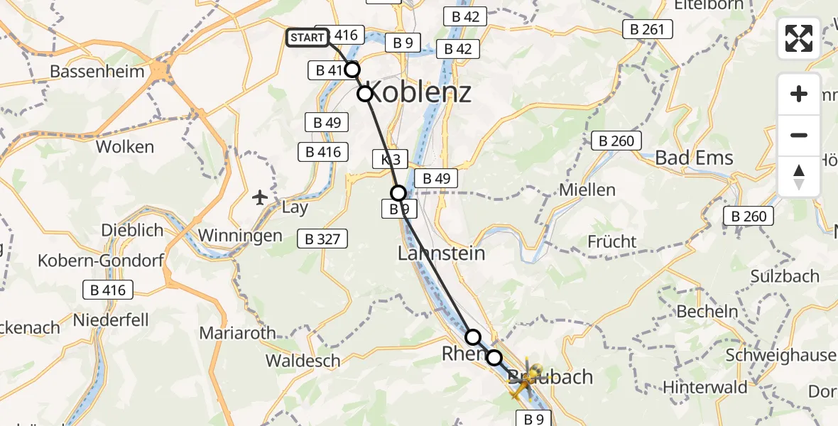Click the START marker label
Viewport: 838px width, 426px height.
click(307, 38)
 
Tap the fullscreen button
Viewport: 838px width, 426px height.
click(799, 38)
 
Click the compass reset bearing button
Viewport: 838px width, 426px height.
click(799, 177)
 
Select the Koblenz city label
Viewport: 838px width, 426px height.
click(419, 92)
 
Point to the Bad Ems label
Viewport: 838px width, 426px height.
click(693, 158)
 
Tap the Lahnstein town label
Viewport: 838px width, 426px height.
click(441, 253)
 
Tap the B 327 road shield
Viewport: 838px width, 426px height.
click(322, 239)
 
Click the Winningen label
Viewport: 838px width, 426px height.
click(239, 236)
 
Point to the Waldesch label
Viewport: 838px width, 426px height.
click(303, 360)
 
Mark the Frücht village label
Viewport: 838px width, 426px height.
click(612, 241)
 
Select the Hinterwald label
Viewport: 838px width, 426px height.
click(704, 388)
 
